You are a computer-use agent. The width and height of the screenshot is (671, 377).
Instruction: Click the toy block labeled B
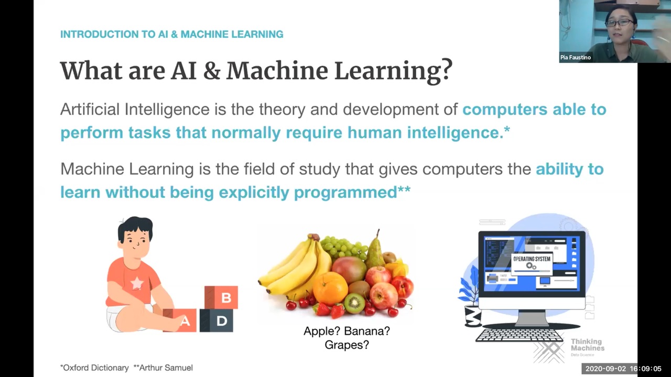pyautogui.click(x=221, y=297)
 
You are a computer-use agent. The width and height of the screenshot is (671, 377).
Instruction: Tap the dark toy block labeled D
pyautogui.click(x=217, y=320)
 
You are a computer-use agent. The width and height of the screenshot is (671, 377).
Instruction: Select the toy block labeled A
pyautogui.click(x=180, y=320)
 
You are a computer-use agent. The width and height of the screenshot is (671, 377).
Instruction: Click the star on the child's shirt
pyautogui.click(x=137, y=283)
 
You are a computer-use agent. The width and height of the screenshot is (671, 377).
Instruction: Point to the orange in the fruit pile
pyautogui.click(x=330, y=289)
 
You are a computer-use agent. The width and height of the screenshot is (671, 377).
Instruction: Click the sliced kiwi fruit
pyautogui.click(x=354, y=303)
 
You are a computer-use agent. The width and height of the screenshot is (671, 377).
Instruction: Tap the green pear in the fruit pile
pyautogui.click(x=374, y=251)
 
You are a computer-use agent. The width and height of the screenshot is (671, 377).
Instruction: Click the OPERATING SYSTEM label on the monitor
pyautogui.click(x=532, y=259)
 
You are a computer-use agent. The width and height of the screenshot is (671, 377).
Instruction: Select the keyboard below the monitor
pyautogui.click(x=520, y=335)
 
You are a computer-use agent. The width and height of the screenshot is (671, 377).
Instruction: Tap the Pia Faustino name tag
pyautogui.click(x=576, y=57)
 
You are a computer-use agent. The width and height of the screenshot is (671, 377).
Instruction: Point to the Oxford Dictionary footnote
pyautogui.click(x=94, y=368)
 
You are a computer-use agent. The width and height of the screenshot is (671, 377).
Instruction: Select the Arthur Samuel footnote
pyautogui.click(x=163, y=368)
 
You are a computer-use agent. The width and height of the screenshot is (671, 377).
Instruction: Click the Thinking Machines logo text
pyautogui.click(x=588, y=345)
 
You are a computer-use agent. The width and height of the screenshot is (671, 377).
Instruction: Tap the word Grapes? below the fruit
pyautogui.click(x=347, y=345)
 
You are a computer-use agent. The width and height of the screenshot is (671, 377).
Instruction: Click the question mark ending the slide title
pyautogui.click(x=446, y=71)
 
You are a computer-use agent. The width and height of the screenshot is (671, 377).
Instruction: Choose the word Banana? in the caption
pyautogui.click(x=367, y=331)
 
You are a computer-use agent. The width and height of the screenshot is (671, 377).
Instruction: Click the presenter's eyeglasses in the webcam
pyautogui.click(x=619, y=23)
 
